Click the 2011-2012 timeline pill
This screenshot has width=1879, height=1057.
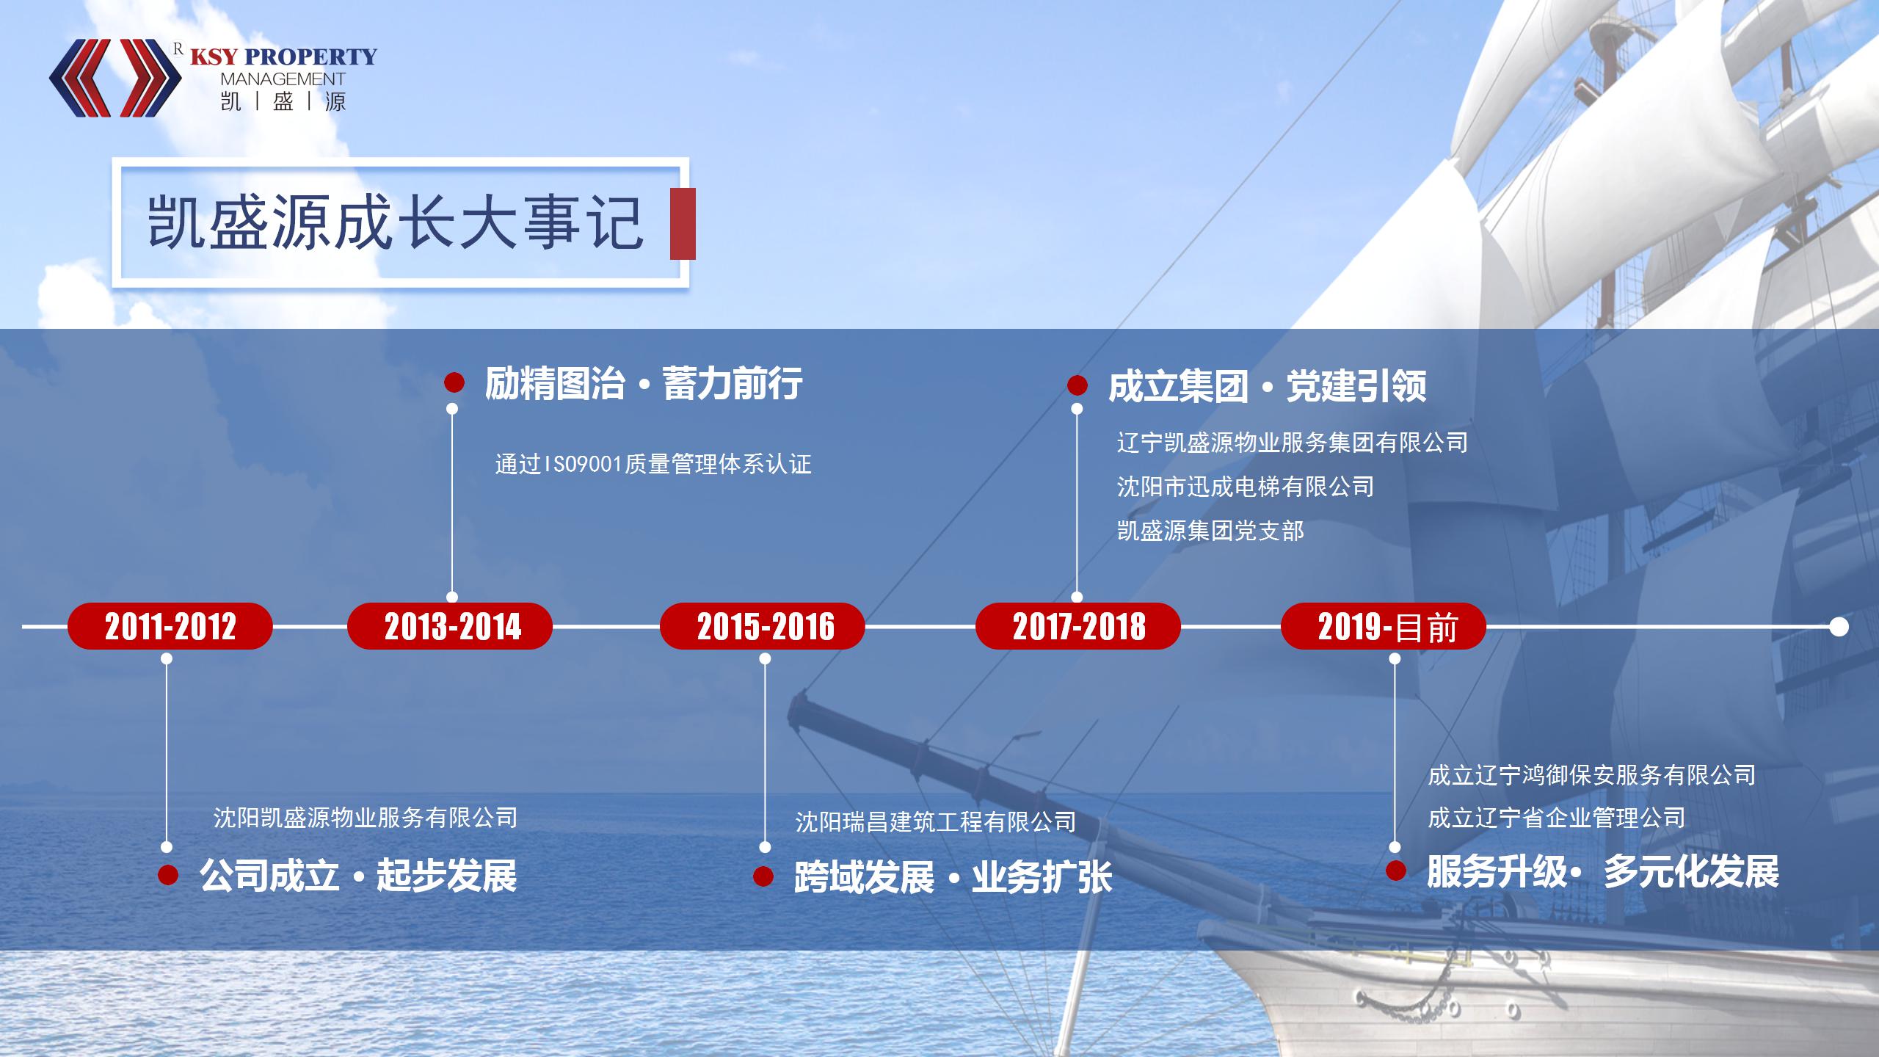pos(170,626)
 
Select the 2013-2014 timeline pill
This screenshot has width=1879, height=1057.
pos(450,626)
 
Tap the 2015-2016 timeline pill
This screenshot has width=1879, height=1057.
pos(763,626)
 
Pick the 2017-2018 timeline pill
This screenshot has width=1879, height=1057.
pos(1078,626)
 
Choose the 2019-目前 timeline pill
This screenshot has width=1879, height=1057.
pos(1384,626)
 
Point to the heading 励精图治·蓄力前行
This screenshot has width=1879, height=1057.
pos(644,383)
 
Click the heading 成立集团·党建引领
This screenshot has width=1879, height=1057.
pos(1268,387)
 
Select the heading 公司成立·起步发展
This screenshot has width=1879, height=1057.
pos(358,875)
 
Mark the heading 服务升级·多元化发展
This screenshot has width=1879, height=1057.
pos(1603,872)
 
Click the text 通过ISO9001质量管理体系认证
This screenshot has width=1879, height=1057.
pos(653,464)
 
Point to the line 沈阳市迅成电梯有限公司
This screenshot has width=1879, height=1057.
pos(1246,486)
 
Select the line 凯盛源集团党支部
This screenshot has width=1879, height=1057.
pos(1211,531)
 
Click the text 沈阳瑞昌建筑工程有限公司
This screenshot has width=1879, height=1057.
pos(936,821)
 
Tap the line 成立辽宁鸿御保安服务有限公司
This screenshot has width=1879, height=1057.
pos(1592,774)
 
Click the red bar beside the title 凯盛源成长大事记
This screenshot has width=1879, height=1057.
pos(683,224)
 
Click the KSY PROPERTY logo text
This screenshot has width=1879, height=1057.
pos(283,57)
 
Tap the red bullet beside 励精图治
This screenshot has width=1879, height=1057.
pos(454,382)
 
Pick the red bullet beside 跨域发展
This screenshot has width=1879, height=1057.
pos(763,876)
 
